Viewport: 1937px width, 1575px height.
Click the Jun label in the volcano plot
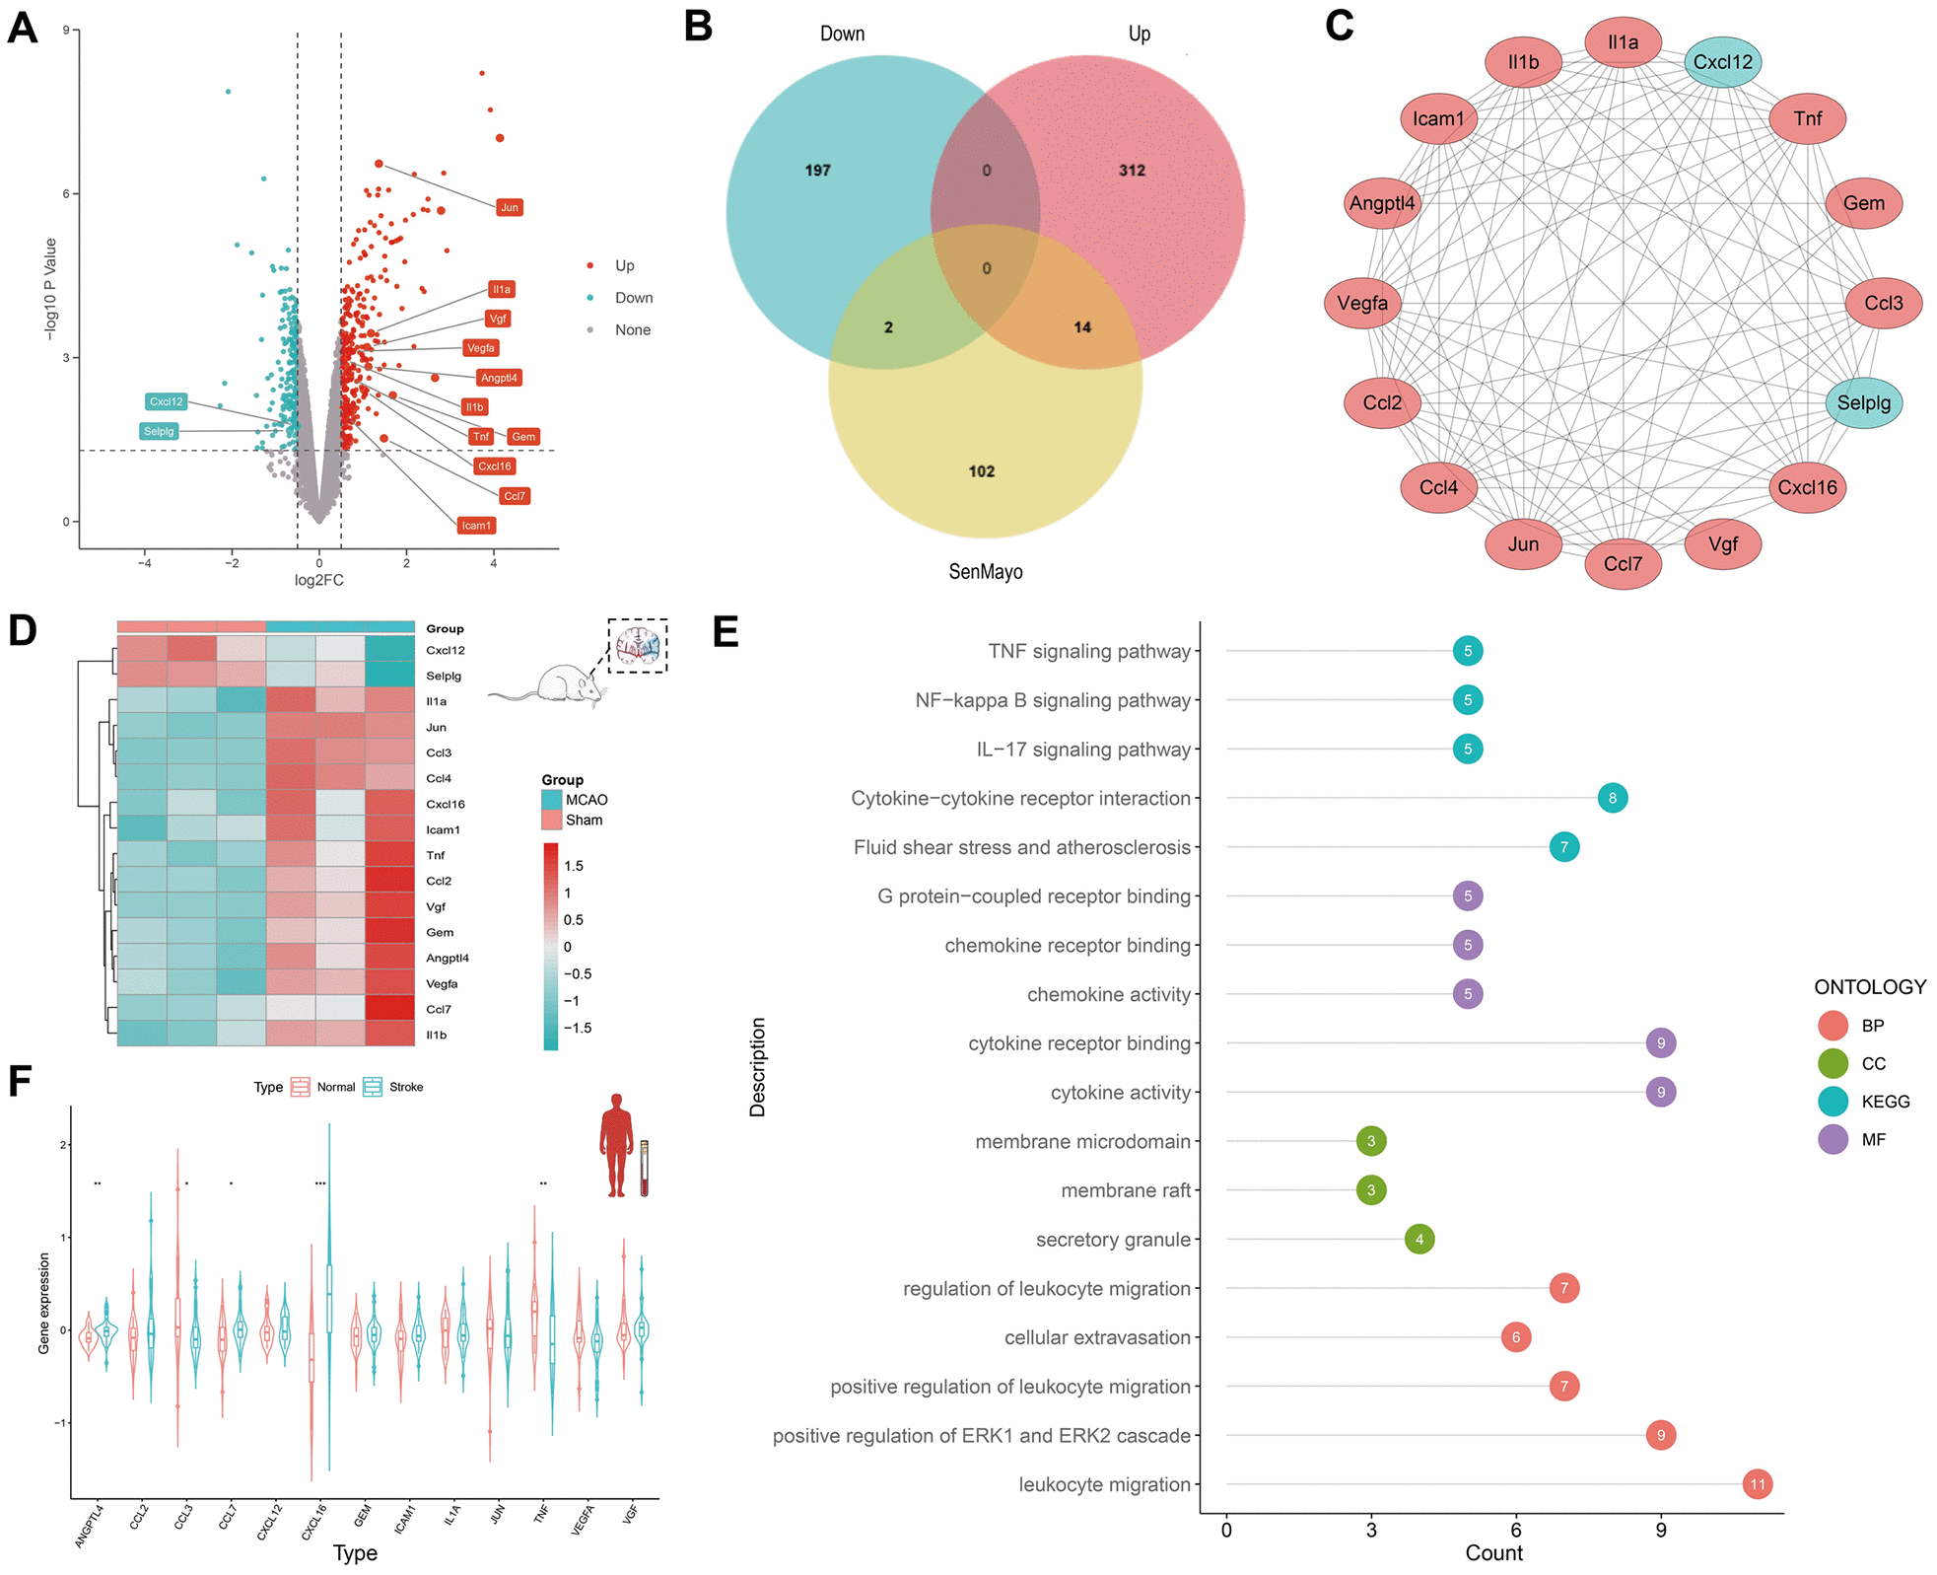tap(509, 207)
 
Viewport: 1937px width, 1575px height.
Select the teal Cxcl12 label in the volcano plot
tap(166, 401)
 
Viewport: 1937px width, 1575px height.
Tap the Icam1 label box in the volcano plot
tap(476, 526)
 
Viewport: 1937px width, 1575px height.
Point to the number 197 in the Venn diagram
tap(817, 171)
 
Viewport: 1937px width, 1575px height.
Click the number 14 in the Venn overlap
tap(1082, 327)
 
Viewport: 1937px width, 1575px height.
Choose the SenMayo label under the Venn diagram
tap(985, 572)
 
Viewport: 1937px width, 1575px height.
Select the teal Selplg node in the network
tap(1863, 402)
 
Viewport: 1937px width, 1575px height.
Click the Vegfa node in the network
tap(1362, 303)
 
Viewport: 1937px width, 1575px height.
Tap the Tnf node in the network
tap(1807, 118)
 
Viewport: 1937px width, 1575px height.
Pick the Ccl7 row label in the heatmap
tap(439, 1009)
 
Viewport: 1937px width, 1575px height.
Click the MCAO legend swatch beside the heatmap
tap(551, 800)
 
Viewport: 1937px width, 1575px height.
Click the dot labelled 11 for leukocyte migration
tap(1757, 1484)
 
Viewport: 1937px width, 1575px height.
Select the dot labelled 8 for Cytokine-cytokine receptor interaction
tap(1612, 798)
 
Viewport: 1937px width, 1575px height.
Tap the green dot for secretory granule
tap(1418, 1239)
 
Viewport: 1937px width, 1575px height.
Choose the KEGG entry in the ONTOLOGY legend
tap(1884, 1102)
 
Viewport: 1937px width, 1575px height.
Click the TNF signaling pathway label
tap(1089, 651)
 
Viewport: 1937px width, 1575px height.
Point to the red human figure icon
tap(617, 1145)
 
